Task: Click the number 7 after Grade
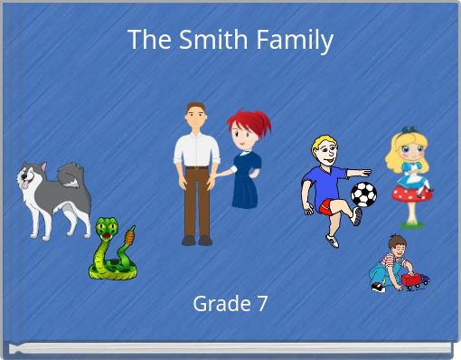pos(261,304)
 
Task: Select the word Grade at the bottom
pos(219,304)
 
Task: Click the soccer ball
pos(363,194)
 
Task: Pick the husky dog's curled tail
pos(71,173)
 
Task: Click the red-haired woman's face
pos(243,136)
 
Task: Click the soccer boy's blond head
pos(324,150)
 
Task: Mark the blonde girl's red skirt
pos(411,191)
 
